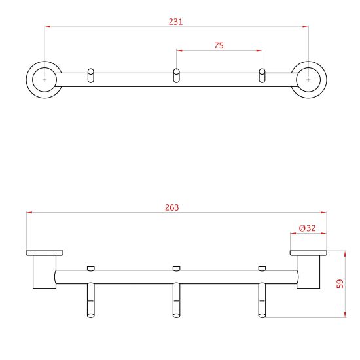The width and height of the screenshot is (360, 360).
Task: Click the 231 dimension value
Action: [x=175, y=22]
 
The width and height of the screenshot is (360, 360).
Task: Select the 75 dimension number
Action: [x=219, y=45]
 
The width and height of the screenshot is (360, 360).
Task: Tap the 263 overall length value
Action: [x=172, y=207]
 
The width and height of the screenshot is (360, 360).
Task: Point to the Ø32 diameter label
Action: [x=308, y=228]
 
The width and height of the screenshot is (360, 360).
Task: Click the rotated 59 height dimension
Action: [x=340, y=283]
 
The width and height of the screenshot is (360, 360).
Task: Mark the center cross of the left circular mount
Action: [x=45, y=80]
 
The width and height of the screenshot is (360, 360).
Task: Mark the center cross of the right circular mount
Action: [x=308, y=80]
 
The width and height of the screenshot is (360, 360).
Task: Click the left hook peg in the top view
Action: [x=91, y=75]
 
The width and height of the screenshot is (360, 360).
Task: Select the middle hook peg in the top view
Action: [x=176, y=75]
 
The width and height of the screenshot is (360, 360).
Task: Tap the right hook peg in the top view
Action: [x=262, y=75]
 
